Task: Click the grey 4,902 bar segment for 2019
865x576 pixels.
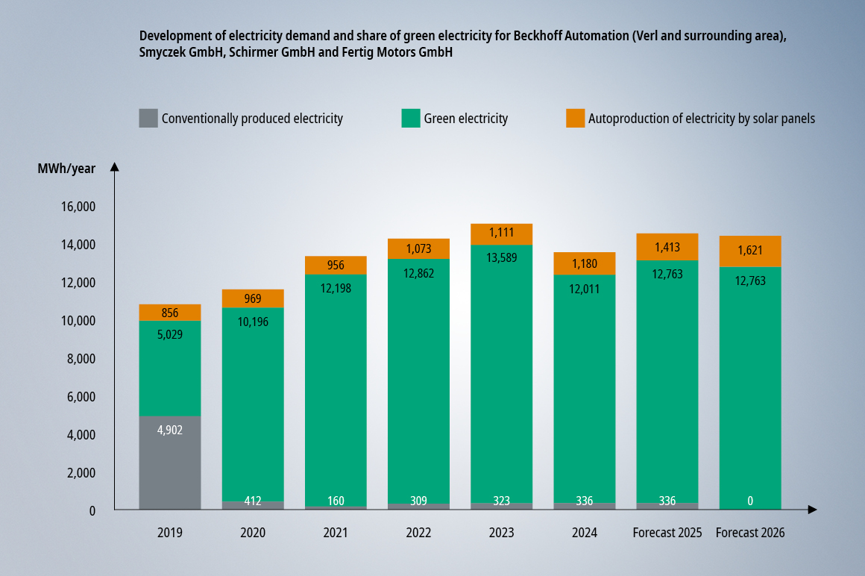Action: point(170,463)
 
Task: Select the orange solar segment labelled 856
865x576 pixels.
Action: point(170,313)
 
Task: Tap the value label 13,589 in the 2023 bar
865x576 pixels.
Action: point(501,258)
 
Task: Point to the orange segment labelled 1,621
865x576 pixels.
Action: point(750,251)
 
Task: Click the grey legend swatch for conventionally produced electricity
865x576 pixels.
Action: point(148,118)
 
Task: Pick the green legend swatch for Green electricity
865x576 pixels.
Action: point(411,118)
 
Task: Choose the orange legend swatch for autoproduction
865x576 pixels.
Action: point(575,118)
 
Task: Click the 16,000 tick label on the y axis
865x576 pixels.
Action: point(77,207)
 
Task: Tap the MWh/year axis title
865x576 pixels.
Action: point(66,169)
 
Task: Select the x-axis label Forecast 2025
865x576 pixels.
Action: point(667,533)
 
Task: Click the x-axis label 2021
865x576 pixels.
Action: point(336,533)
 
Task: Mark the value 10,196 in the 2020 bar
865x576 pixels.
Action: point(253,322)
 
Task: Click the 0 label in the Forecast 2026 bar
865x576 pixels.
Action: point(750,501)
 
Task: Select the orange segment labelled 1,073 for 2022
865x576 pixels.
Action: point(418,248)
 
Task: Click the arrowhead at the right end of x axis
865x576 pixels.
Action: point(813,510)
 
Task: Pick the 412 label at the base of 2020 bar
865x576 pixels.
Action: point(253,501)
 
